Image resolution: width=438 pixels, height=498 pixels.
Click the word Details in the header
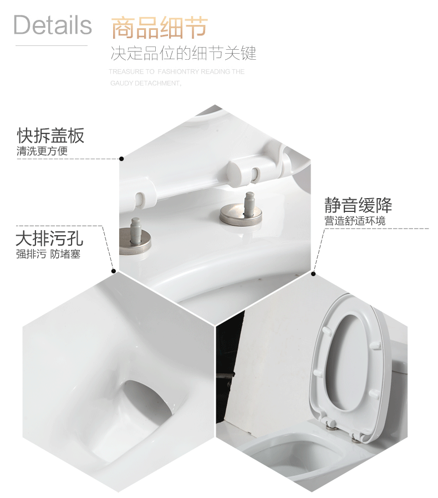[x=53, y=25]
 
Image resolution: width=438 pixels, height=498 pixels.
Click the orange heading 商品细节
[x=159, y=27]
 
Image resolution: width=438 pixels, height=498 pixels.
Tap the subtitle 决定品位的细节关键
[x=183, y=54]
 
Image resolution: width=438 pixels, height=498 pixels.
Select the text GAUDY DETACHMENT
[x=145, y=84]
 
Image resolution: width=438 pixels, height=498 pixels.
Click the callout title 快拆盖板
[x=50, y=136]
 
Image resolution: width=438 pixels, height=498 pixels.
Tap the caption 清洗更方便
[x=42, y=151]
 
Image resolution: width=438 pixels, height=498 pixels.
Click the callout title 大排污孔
[x=49, y=239]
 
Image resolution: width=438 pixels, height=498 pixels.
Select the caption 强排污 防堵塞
[x=48, y=255]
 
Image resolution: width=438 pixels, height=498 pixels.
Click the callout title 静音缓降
[x=358, y=206]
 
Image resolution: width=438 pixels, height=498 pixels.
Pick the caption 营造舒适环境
[x=355, y=221]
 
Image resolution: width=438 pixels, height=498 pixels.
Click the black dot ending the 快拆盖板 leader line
[x=121, y=159]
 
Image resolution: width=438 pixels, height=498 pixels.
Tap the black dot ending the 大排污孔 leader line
[x=114, y=271]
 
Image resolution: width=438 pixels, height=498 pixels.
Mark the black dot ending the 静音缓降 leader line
[x=313, y=273]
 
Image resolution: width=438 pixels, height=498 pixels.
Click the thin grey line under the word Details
[x=51, y=45]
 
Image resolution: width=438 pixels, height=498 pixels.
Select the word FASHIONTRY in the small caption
[x=179, y=72]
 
